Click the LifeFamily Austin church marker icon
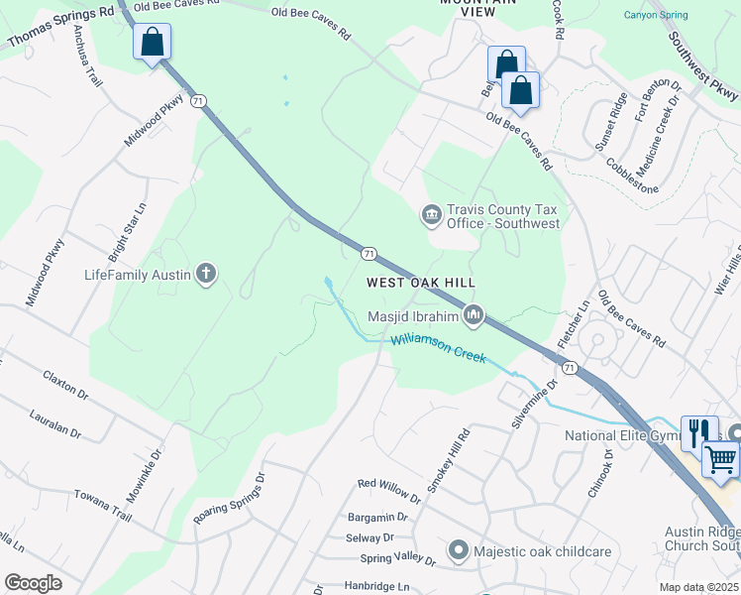point(206,274)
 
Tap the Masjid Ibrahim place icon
point(474,316)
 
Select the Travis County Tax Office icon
point(431,215)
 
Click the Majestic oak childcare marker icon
point(458,549)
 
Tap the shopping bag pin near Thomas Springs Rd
point(153,43)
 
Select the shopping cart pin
point(721,458)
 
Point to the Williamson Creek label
point(439,347)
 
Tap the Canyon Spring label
point(655,15)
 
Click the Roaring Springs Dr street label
point(230,499)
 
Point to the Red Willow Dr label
point(389,484)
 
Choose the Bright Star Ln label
point(127,227)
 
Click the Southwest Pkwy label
point(703,67)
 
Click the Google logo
point(34,583)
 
